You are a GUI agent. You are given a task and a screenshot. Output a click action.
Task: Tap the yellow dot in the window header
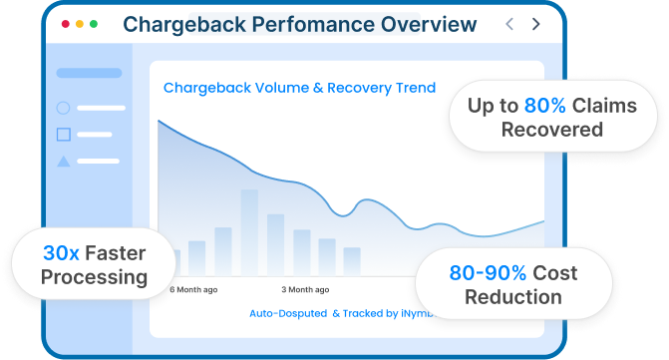[81, 23]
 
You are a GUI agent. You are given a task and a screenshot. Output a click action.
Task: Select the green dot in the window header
[95, 23]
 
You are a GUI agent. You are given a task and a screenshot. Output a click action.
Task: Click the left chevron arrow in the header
[509, 23]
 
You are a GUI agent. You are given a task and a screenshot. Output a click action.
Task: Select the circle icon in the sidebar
[64, 108]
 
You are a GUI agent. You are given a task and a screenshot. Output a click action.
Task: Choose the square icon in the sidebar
[64, 134]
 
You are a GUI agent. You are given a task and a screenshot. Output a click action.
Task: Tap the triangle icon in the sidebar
[64, 161]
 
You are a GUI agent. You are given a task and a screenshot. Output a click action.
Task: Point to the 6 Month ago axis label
[193, 290]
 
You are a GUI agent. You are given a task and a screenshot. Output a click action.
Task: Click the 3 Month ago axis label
[305, 290]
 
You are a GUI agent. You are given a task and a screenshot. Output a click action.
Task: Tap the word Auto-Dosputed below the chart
[287, 313]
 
